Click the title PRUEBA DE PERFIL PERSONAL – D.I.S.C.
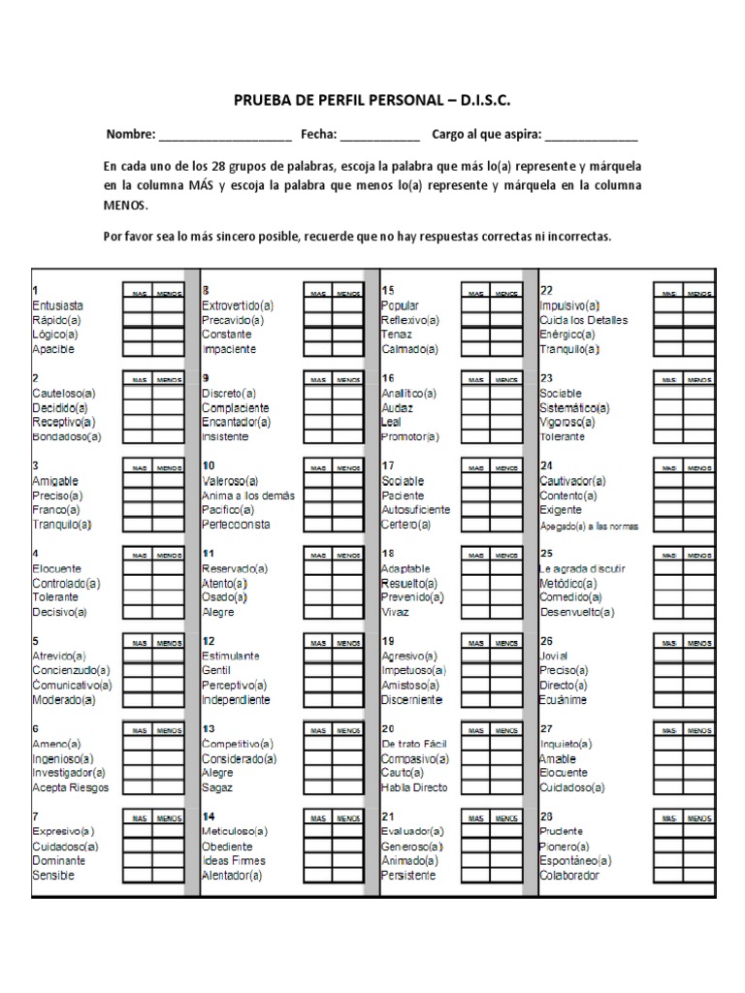pos(372,101)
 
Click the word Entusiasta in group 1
pos(57,305)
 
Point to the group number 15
pos(388,290)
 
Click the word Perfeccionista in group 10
pos(236,525)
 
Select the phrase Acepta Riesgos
pos(71,787)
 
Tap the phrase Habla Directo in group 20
pos(415,787)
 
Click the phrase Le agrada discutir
pos(583,568)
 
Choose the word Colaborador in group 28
pos(569,876)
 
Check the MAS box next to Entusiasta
pos(137,305)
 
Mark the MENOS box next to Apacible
pos(167,349)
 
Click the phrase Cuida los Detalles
pos(584,320)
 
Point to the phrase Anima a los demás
pos(248,496)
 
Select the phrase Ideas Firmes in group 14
pos(234,861)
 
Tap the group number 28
pos(546,817)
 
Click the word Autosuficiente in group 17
pos(415,510)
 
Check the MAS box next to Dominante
pos(137,861)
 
